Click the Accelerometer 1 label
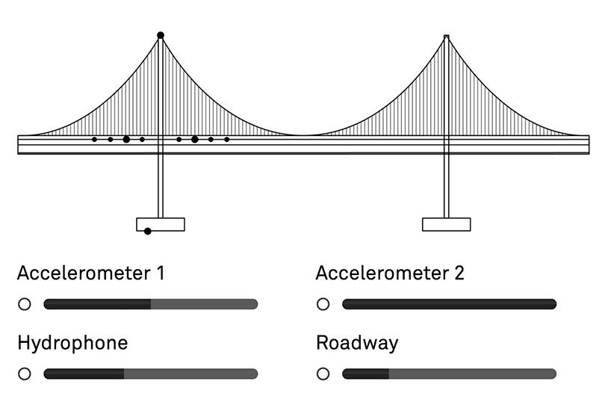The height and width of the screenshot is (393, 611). tap(90, 273)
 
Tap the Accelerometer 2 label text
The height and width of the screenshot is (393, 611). tap(390, 273)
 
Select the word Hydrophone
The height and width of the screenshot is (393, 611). tap(72, 343)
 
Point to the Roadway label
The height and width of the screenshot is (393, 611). tap(357, 343)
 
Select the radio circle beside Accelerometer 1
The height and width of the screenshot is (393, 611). tap(25, 304)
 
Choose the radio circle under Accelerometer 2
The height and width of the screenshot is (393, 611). tap(323, 304)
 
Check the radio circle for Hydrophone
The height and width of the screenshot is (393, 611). tap(25, 374)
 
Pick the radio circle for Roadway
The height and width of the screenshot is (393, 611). tap(323, 374)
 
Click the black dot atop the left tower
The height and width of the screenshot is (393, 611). tap(160, 35)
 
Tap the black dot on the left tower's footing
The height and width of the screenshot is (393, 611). tap(148, 232)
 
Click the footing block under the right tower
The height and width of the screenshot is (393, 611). tap(447, 224)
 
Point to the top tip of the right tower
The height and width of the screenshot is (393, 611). tap(447, 36)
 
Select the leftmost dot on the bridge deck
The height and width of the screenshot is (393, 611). tap(94, 140)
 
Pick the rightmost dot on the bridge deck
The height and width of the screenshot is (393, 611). tap(227, 140)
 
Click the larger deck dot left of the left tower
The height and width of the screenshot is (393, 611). tap(126, 140)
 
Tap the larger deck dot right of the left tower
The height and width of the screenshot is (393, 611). tap(195, 140)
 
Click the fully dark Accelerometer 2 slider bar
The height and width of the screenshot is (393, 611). tap(449, 304)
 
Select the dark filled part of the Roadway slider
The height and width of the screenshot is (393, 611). tap(365, 374)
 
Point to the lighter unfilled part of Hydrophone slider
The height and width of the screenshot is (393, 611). tap(190, 374)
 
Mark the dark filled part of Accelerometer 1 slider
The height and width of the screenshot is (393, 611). tap(97, 304)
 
